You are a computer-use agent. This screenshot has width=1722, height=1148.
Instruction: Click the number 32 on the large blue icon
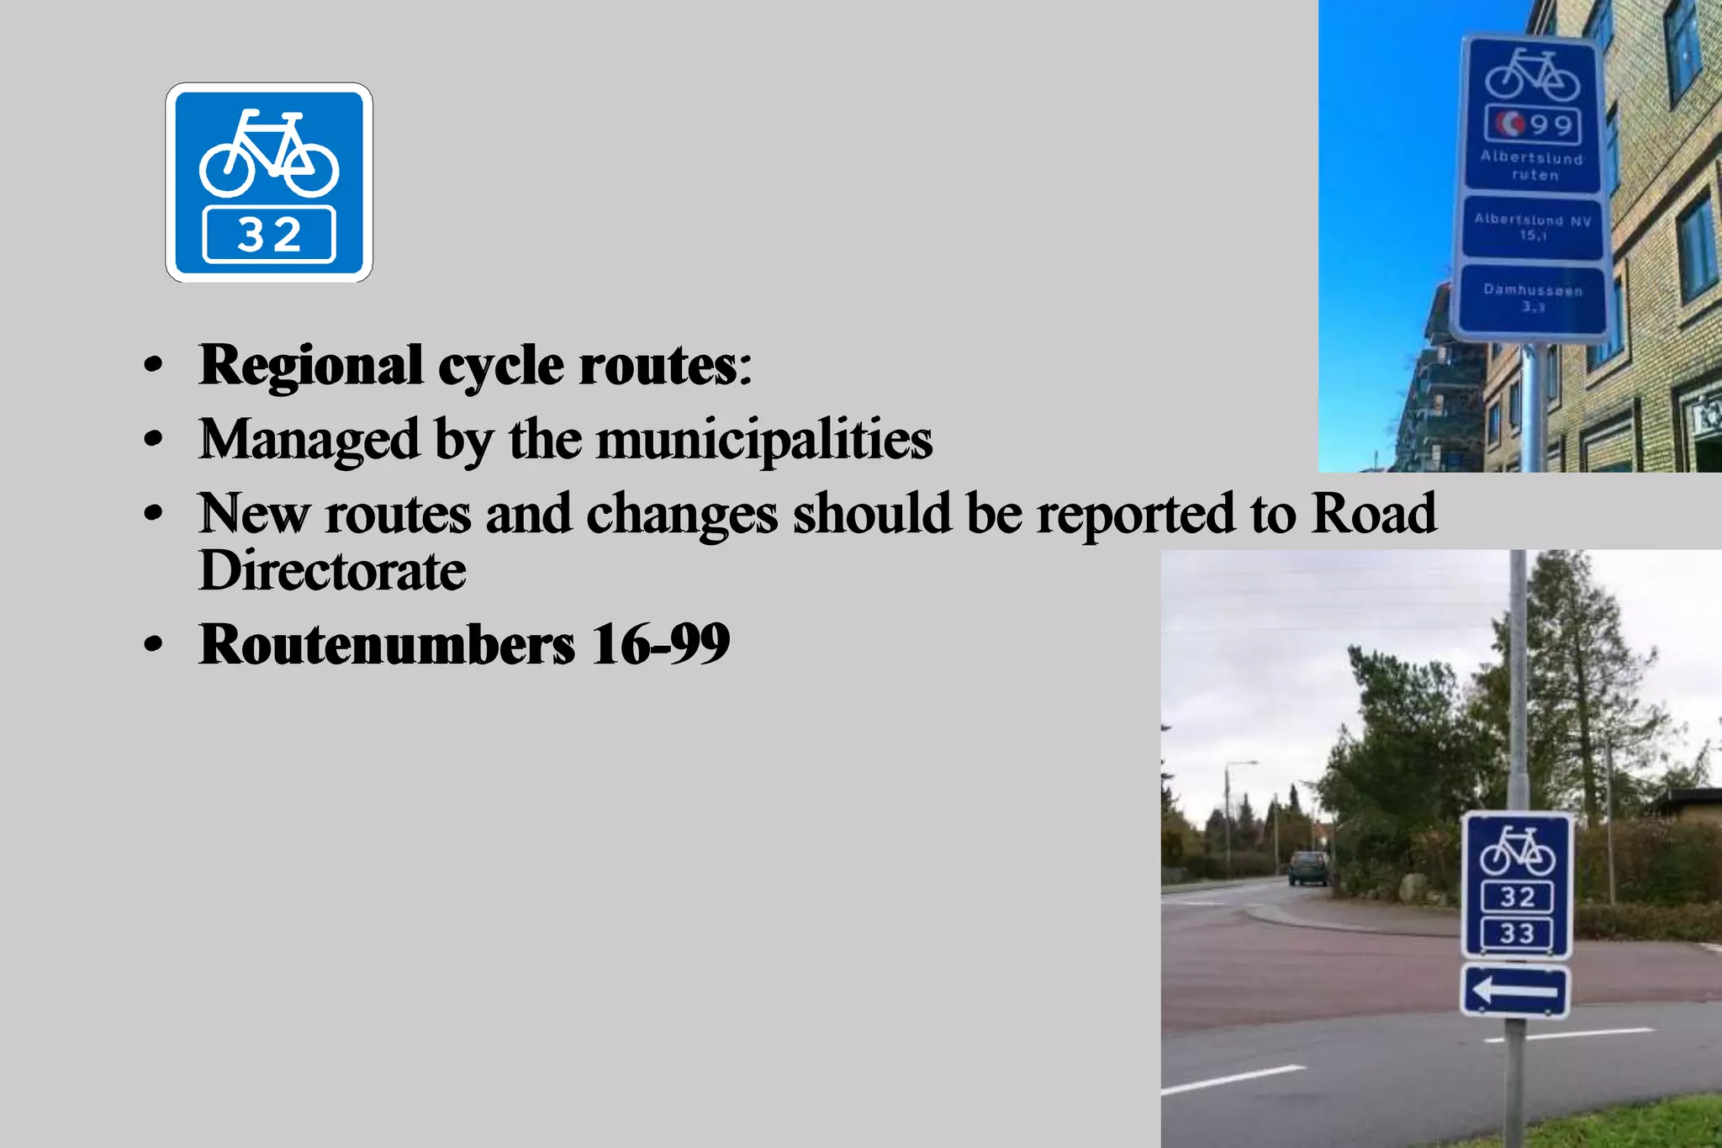coord(269,235)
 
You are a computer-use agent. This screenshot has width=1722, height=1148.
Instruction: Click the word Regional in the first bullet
coord(310,365)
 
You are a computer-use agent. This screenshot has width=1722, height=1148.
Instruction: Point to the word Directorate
coord(332,571)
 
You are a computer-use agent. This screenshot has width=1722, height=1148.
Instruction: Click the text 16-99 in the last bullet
coord(660,644)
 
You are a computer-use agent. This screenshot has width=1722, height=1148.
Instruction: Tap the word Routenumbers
coord(387,644)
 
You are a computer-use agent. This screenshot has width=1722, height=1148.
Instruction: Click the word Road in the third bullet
coord(1374,513)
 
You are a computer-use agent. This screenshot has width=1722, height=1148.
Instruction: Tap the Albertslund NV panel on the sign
coord(1532,227)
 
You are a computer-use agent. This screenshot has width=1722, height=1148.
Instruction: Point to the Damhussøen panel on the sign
coord(1532,298)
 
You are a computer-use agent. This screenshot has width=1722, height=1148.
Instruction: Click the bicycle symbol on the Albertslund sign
coord(1532,75)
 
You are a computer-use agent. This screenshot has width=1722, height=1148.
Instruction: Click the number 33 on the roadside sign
coord(1517,934)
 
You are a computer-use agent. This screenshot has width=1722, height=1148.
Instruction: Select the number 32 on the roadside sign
coord(1517,897)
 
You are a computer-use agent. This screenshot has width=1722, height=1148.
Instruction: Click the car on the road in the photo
coord(1308,868)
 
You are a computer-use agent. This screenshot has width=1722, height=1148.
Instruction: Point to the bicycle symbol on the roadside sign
coord(1517,852)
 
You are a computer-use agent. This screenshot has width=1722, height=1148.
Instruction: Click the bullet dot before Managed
coord(152,439)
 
